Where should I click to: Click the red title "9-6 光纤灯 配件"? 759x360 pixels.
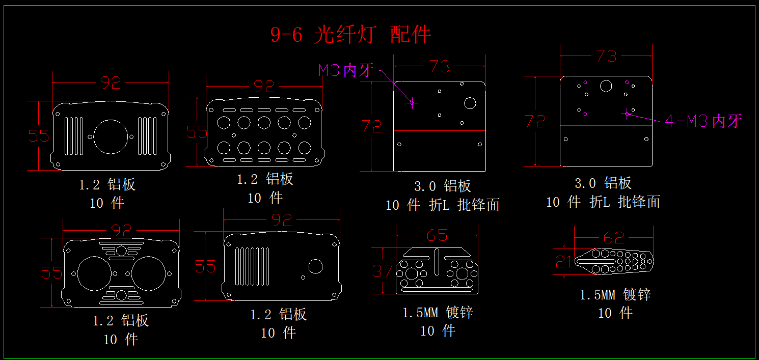pyautogui.click(x=350, y=35)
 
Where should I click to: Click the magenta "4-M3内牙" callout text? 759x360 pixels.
pyautogui.click(x=703, y=121)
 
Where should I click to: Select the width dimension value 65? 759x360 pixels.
pyautogui.click(x=437, y=235)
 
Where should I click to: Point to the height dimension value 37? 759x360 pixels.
pyautogui.click(x=383, y=271)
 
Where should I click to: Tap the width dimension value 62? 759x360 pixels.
pyautogui.click(x=613, y=237)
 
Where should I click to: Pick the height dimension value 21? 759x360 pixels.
pyautogui.click(x=564, y=262)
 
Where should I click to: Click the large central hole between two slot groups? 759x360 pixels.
pyautogui.click(x=111, y=136)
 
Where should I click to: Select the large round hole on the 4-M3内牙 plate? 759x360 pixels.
pyautogui.click(x=606, y=86)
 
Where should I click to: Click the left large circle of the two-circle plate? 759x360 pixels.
pyautogui.click(x=95, y=274)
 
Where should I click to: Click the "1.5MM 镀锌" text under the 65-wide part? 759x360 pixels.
pyautogui.click(x=438, y=312)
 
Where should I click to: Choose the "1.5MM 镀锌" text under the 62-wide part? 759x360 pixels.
pyautogui.click(x=615, y=295)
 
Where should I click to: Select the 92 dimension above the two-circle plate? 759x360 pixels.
pyautogui.click(x=121, y=231)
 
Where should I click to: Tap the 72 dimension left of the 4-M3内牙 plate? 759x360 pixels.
pyautogui.click(x=536, y=121)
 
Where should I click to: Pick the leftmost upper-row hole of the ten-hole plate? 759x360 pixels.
pyautogui.click(x=224, y=122)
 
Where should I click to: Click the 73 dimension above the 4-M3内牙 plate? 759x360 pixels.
pyautogui.click(x=606, y=57)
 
